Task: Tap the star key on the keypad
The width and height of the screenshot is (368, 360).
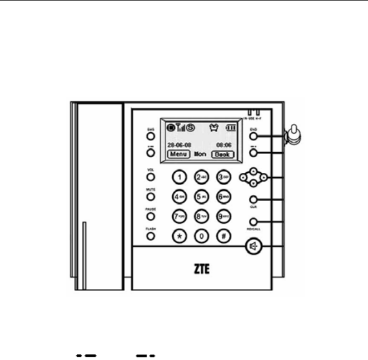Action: coord(179,235)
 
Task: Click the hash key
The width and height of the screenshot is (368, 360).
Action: coord(223,235)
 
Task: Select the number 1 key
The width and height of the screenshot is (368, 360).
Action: coord(179,177)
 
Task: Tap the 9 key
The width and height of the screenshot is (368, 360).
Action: coord(223,216)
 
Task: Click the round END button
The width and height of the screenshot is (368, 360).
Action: coord(253,135)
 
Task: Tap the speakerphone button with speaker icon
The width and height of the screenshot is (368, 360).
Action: coord(253,246)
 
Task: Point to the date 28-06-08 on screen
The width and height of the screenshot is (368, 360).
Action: coord(179,143)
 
